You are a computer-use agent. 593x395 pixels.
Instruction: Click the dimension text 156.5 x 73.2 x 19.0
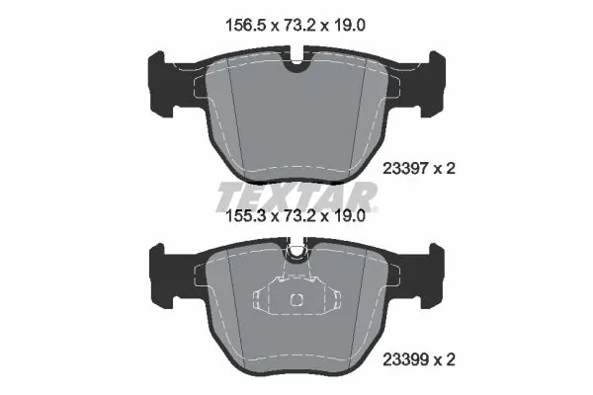coord(296,21)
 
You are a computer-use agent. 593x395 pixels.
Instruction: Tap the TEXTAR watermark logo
coord(297,194)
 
